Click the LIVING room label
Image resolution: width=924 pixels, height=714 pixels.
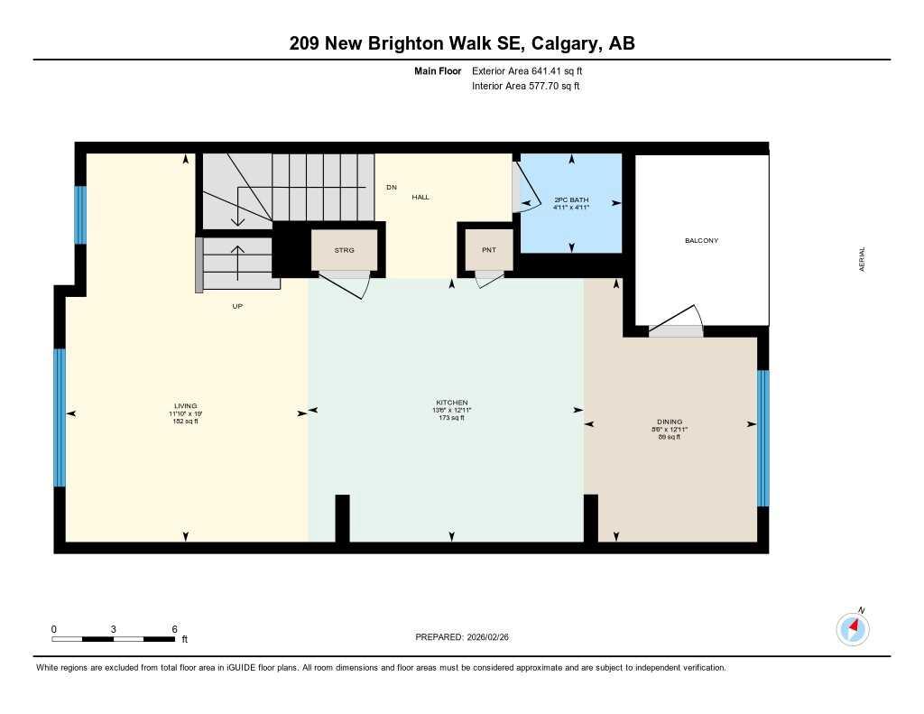(186, 406)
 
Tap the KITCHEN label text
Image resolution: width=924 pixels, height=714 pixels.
(452, 403)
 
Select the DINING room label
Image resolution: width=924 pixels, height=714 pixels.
(670, 422)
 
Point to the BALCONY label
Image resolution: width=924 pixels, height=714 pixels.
(701, 241)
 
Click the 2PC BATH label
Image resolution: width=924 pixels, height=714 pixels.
(570, 198)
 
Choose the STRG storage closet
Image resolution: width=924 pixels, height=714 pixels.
(344, 250)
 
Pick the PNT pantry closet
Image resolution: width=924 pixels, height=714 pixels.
(488, 250)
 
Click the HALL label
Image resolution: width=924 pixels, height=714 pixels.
(420, 197)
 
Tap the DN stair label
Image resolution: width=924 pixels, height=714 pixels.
(391, 188)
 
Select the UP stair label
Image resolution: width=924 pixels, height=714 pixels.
(237, 306)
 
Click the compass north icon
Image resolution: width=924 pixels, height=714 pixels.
(853, 628)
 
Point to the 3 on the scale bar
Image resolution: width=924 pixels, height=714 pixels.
(114, 629)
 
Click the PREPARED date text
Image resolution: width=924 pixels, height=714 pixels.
(468, 637)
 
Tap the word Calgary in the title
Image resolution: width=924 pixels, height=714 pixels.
(565, 43)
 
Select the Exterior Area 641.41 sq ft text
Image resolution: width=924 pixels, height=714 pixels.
(533, 70)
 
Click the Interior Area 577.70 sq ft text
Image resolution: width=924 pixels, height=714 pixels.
(525, 87)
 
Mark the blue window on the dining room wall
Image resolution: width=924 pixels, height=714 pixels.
(762, 438)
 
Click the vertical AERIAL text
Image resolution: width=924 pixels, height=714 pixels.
(863, 260)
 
